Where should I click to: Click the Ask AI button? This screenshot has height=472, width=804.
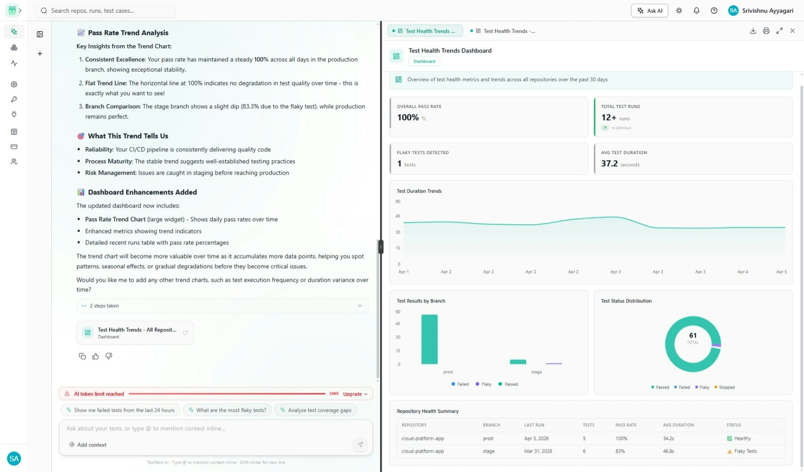pos(649,10)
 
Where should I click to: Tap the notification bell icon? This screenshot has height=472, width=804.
pos(696,10)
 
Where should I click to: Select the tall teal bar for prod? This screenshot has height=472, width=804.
pos(429,339)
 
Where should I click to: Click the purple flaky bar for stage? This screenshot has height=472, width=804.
pos(554,363)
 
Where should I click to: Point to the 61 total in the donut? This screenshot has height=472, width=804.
pos(693,335)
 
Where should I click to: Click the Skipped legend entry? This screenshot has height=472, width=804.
pos(724,387)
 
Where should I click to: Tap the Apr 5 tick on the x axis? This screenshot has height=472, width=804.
pos(781,272)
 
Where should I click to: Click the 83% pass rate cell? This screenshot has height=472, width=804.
pos(620,451)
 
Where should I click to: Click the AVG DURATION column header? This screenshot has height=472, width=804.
pos(678,425)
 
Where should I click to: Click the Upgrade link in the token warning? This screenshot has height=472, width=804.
pos(355,394)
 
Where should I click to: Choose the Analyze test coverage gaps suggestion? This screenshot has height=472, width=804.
pos(316,410)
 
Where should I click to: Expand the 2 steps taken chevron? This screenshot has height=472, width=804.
pos(360,306)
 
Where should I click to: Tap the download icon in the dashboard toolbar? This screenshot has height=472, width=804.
pos(753,31)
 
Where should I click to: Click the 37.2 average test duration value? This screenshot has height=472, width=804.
pos(609,163)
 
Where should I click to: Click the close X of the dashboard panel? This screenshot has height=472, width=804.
pos(792,31)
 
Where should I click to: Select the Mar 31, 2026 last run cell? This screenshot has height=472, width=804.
pos(538,451)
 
